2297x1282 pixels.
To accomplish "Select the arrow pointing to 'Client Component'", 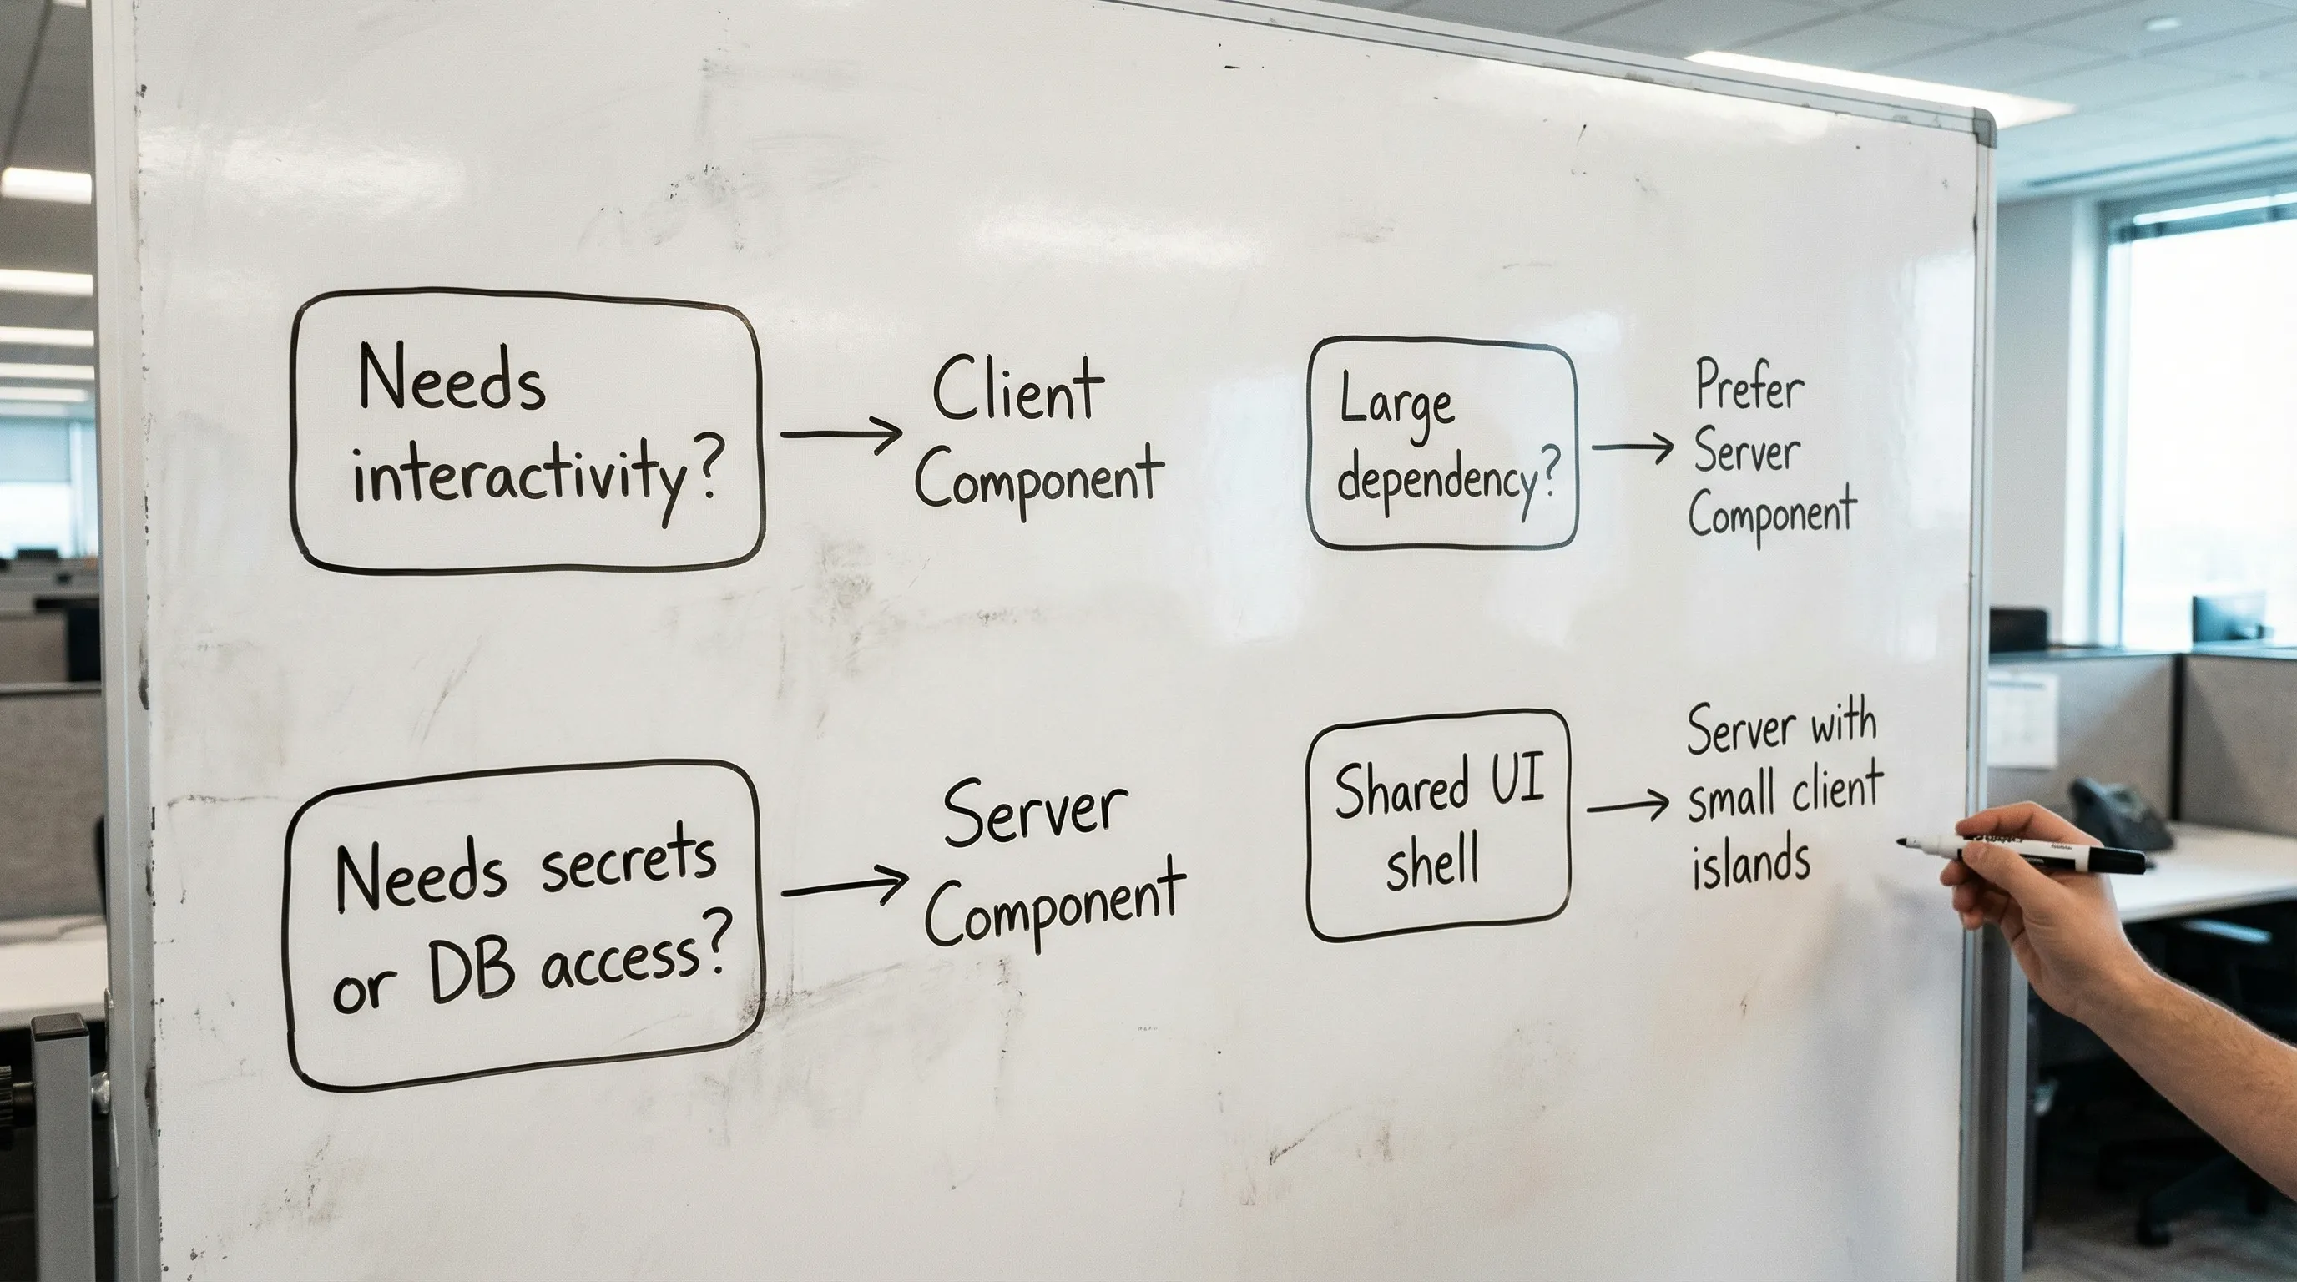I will [841, 434].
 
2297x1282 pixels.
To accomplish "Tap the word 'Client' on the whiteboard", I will [1017, 392].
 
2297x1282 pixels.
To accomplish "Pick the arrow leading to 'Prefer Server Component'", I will [1632, 447].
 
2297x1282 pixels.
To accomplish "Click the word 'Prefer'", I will [1749, 388].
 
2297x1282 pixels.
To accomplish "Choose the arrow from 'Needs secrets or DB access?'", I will [844, 886].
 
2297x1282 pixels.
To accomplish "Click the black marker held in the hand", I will [2042, 853].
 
